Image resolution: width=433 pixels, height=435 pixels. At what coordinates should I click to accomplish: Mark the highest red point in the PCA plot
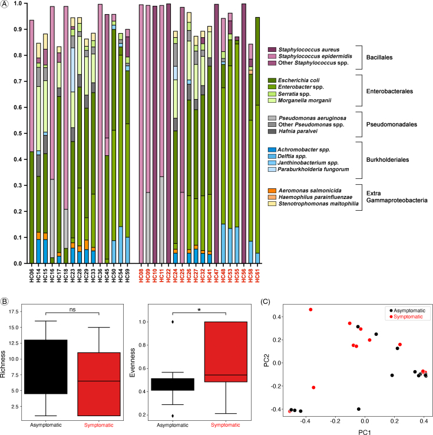[310, 309]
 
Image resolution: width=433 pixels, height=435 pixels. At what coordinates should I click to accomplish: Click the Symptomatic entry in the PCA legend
[413, 317]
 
